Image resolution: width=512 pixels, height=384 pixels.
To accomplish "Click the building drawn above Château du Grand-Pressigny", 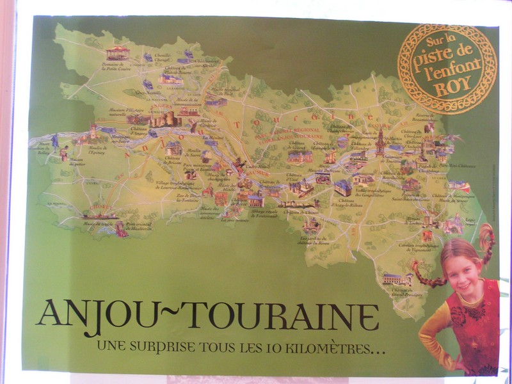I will [x=397, y=278].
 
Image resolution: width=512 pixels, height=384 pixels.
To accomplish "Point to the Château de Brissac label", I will [x=168, y=157].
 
